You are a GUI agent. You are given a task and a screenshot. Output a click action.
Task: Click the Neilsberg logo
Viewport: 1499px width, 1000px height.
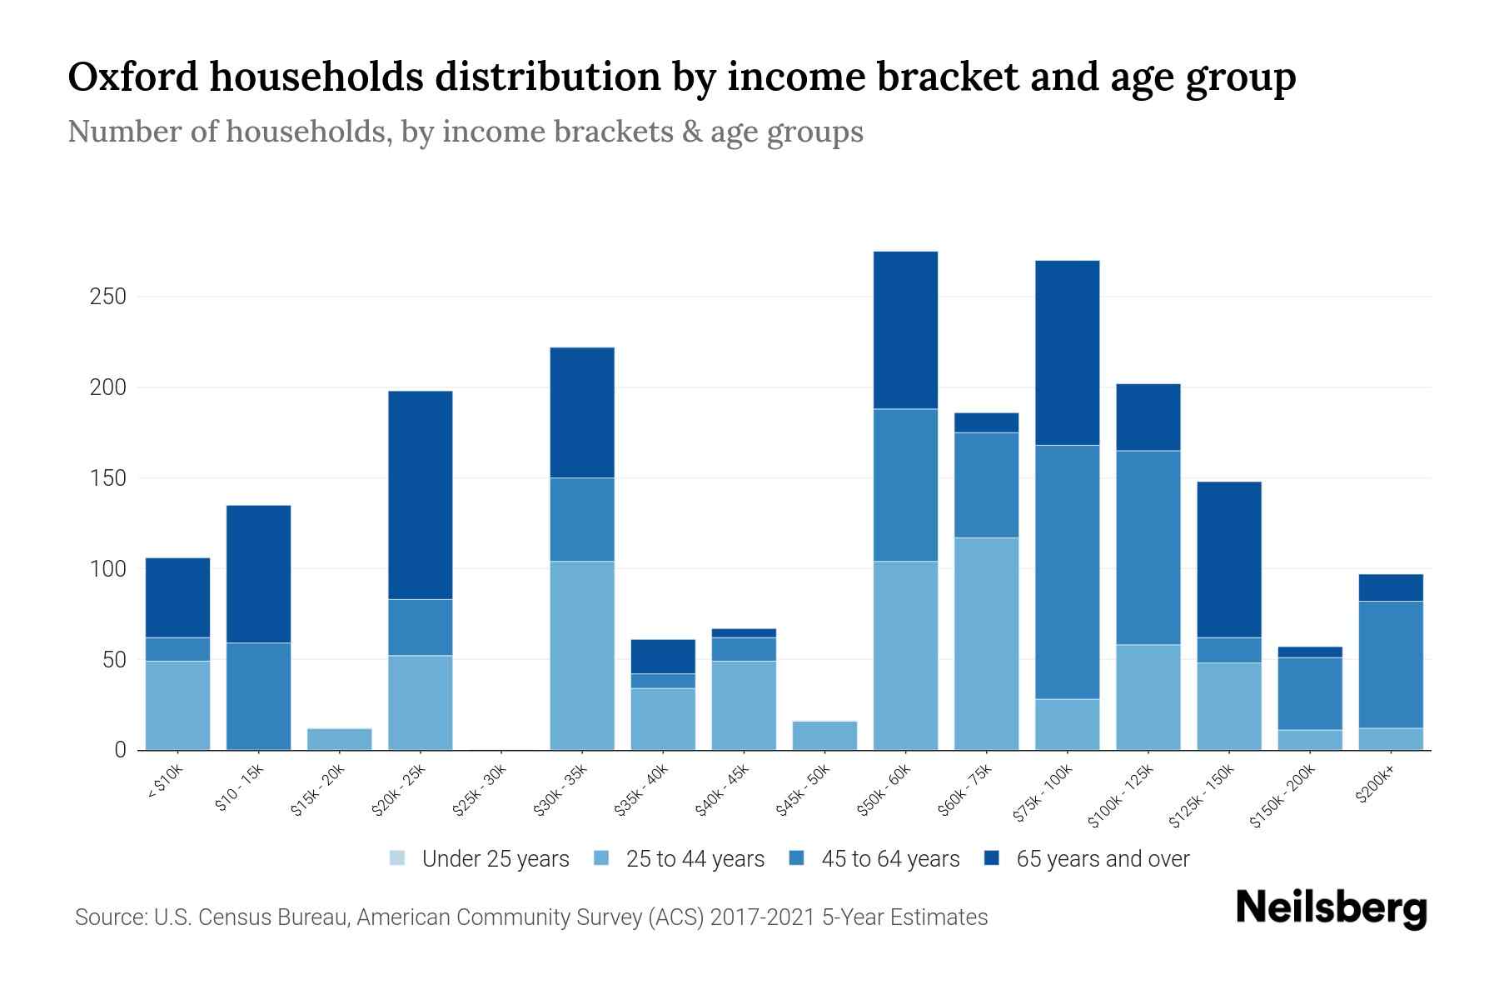click(1331, 909)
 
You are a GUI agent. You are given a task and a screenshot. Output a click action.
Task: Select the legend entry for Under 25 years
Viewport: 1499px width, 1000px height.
click(479, 859)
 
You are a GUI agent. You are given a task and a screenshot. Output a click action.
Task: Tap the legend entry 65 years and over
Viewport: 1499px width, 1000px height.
click(1087, 859)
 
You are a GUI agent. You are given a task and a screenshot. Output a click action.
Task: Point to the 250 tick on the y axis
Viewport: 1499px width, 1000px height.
click(107, 297)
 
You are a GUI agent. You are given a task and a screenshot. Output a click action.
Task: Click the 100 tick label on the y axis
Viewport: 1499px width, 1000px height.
click(107, 569)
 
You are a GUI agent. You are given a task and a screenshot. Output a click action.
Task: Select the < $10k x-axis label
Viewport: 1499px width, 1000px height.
click(165, 783)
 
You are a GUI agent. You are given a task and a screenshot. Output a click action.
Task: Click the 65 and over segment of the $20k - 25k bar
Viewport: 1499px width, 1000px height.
click(421, 495)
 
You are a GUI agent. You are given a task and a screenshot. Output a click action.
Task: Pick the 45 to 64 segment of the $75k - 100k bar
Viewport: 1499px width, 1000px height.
click(1067, 572)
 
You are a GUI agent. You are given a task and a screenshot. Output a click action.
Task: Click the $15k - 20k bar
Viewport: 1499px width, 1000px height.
click(340, 739)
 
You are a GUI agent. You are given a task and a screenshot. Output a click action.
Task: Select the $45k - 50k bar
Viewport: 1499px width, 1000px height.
click(824, 736)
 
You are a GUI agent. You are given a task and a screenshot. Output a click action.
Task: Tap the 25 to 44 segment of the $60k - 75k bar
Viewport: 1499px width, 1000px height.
click(986, 643)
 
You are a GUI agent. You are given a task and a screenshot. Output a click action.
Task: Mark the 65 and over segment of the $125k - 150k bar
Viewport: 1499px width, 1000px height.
click(1228, 559)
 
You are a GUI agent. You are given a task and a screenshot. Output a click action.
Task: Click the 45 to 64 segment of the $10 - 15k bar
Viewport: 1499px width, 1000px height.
click(259, 696)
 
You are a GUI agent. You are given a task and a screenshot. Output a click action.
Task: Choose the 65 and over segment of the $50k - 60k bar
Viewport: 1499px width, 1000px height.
click(905, 330)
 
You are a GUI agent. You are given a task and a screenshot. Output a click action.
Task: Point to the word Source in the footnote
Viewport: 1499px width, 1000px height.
click(110, 917)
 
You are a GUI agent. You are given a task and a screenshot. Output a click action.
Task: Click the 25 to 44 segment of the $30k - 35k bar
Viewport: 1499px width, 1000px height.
click(582, 655)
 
